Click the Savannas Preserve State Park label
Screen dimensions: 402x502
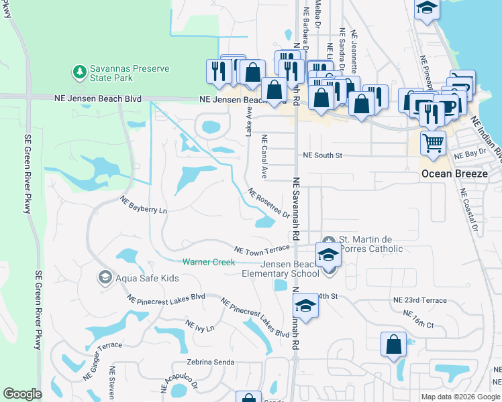(130, 73)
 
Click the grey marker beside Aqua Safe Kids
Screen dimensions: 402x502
(105, 277)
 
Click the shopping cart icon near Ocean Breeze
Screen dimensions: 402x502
(433, 142)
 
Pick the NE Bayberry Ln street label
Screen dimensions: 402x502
(143, 205)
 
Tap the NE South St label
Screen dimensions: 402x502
(323, 155)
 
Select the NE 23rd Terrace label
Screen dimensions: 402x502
(419, 300)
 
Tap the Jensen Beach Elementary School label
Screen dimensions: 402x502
(281, 269)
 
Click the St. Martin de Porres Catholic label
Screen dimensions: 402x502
(370, 245)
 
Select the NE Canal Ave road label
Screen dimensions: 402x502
(265, 157)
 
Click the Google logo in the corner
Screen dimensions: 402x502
(22, 394)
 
